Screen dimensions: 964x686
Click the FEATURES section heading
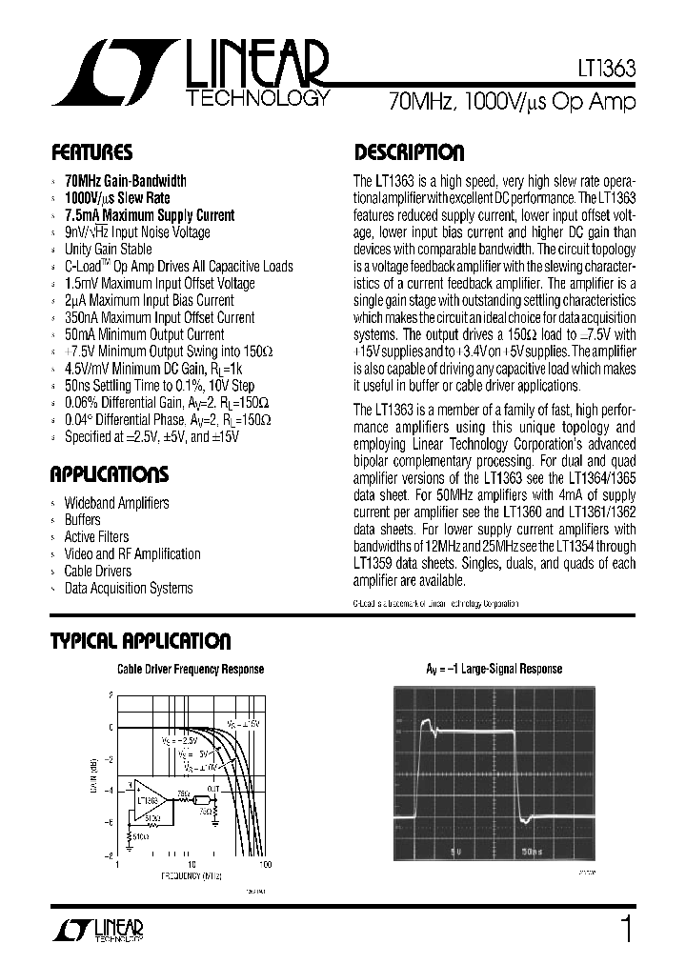pyautogui.click(x=91, y=152)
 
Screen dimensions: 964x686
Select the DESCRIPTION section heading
pyautogui.click(x=409, y=152)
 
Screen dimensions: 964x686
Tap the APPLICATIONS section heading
pyautogui.click(x=109, y=474)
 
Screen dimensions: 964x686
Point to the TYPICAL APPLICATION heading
pyautogui.click(x=140, y=642)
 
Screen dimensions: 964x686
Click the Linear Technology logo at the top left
pyautogui.click(x=191, y=75)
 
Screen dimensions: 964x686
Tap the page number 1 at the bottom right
pyautogui.click(x=626, y=929)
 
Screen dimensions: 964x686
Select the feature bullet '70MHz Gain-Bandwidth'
pyautogui.click(x=125, y=181)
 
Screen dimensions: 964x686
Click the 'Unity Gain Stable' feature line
pyautogui.click(x=108, y=250)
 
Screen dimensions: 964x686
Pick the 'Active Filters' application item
pyautogui.click(x=96, y=537)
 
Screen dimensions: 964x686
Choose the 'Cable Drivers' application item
pyautogui.click(x=97, y=572)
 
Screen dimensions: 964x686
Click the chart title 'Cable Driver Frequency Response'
pyautogui.click(x=191, y=670)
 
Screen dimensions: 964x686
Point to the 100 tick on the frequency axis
pyautogui.click(x=265, y=864)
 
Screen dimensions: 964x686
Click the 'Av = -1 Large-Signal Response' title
pyautogui.click(x=494, y=670)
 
